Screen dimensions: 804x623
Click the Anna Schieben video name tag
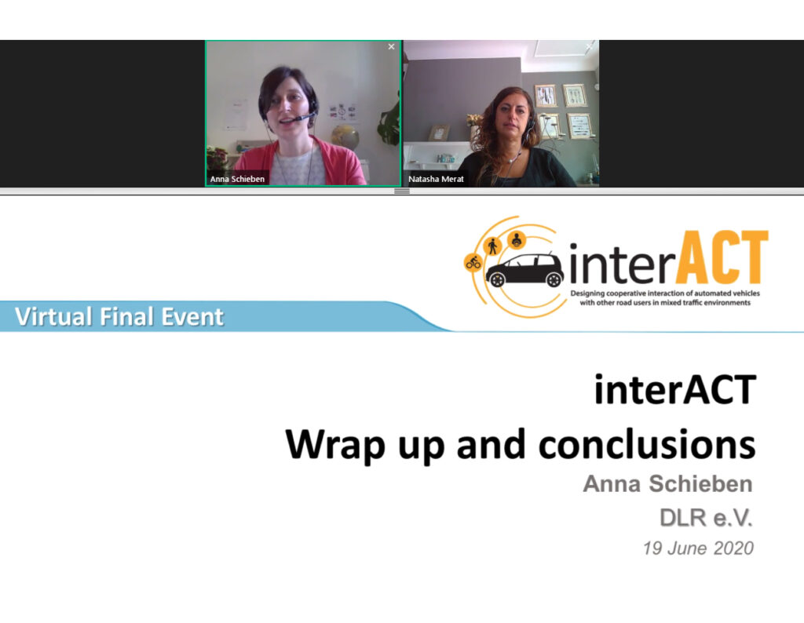tap(237, 179)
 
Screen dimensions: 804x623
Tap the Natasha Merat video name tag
tap(436, 179)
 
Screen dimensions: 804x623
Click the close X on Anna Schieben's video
tap(391, 46)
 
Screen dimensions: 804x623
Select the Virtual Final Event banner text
tap(119, 317)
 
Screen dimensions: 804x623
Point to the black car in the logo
tap(524, 269)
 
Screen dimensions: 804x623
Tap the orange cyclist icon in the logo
tap(473, 262)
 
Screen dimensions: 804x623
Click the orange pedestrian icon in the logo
tap(493, 246)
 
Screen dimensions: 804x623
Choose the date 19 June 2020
tap(698, 548)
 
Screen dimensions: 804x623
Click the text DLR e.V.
tap(706, 518)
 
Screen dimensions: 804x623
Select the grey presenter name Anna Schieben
tap(667, 483)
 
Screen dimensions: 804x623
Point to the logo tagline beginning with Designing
tap(665, 297)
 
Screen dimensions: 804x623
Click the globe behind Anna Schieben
tap(345, 137)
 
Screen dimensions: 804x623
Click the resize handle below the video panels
tap(401, 191)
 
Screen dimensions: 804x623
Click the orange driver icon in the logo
tap(517, 239)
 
